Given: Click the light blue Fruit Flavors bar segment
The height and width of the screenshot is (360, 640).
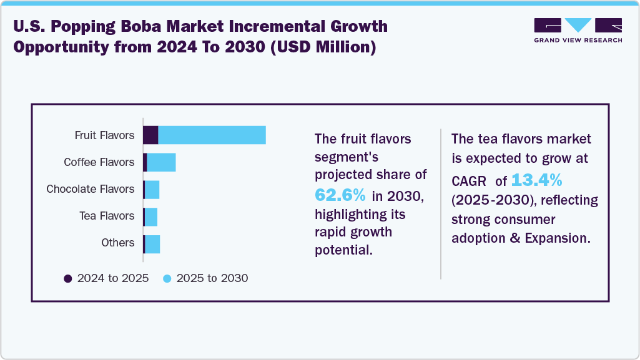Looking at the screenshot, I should (x=212, y=135).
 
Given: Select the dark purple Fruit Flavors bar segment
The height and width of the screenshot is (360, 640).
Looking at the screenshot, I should (x=150, y=135).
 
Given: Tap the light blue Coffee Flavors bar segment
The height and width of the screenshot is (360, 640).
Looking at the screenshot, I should (x=161, y=162).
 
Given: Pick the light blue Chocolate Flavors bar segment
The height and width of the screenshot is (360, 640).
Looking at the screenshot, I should (x=152, y=189).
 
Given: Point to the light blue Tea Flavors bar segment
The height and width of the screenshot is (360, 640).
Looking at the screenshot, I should (x=150, y=216).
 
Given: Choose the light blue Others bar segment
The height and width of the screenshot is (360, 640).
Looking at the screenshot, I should (x=152, y=243).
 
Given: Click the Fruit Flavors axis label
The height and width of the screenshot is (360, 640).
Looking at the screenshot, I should (x=104, y=135).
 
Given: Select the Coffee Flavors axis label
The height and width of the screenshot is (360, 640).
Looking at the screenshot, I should (x=99, y=162).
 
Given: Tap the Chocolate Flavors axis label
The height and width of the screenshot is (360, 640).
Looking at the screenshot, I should (x=91, y=189).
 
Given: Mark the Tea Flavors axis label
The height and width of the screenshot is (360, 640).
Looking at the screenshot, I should (x=107, y=216).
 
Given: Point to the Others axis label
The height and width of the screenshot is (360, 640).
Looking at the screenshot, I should (x=118, y=243).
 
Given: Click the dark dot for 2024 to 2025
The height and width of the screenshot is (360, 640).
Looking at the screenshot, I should (x=68, y=278).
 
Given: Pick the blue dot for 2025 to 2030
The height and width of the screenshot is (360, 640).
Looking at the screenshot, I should (x=167, y=278).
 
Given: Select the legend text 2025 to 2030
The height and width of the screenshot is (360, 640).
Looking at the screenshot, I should (x=212, y=278).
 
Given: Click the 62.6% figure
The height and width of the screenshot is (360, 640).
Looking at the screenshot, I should (x=340, y=195).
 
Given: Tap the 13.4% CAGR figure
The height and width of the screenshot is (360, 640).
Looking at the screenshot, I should (x=537, y=180).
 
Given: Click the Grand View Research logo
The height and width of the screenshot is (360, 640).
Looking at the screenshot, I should (x=578, y=30).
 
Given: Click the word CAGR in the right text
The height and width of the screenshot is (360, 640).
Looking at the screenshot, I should (x=468, y=181).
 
